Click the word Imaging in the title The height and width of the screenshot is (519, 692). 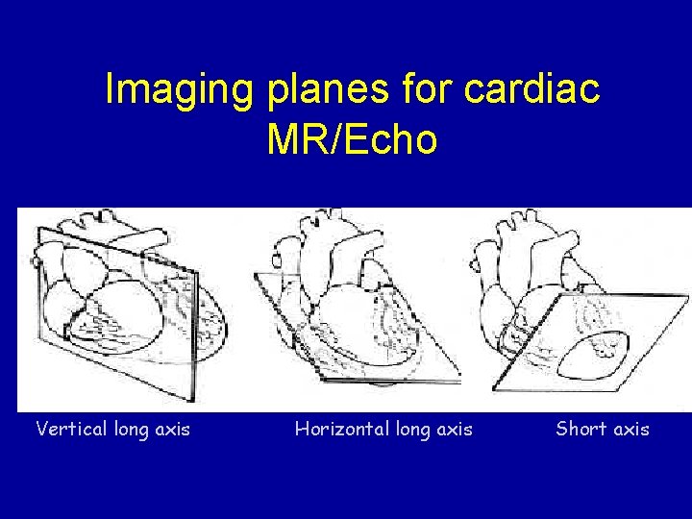[180, 89]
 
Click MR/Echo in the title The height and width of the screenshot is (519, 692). [352, 139]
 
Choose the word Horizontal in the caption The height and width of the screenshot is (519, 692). [341, 429]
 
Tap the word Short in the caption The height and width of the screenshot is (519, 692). [580, 429]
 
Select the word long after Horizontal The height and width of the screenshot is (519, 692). [414, 430]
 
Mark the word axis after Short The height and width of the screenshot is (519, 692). [630, 429]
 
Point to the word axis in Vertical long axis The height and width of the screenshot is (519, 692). [172, 429]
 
